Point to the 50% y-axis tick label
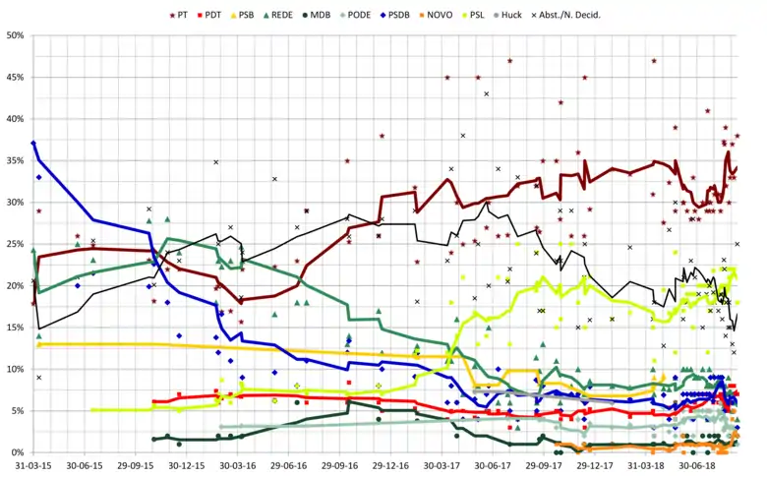pyautogui.click(x=16, y=35)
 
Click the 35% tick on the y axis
pyautogui.click(x=16, y=160)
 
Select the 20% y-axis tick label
pyautogui.click(x=16, y=285)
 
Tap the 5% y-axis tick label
pyautogui.click(x=18, y=411)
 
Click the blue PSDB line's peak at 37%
pyautogui.click(x=33, y=144)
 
